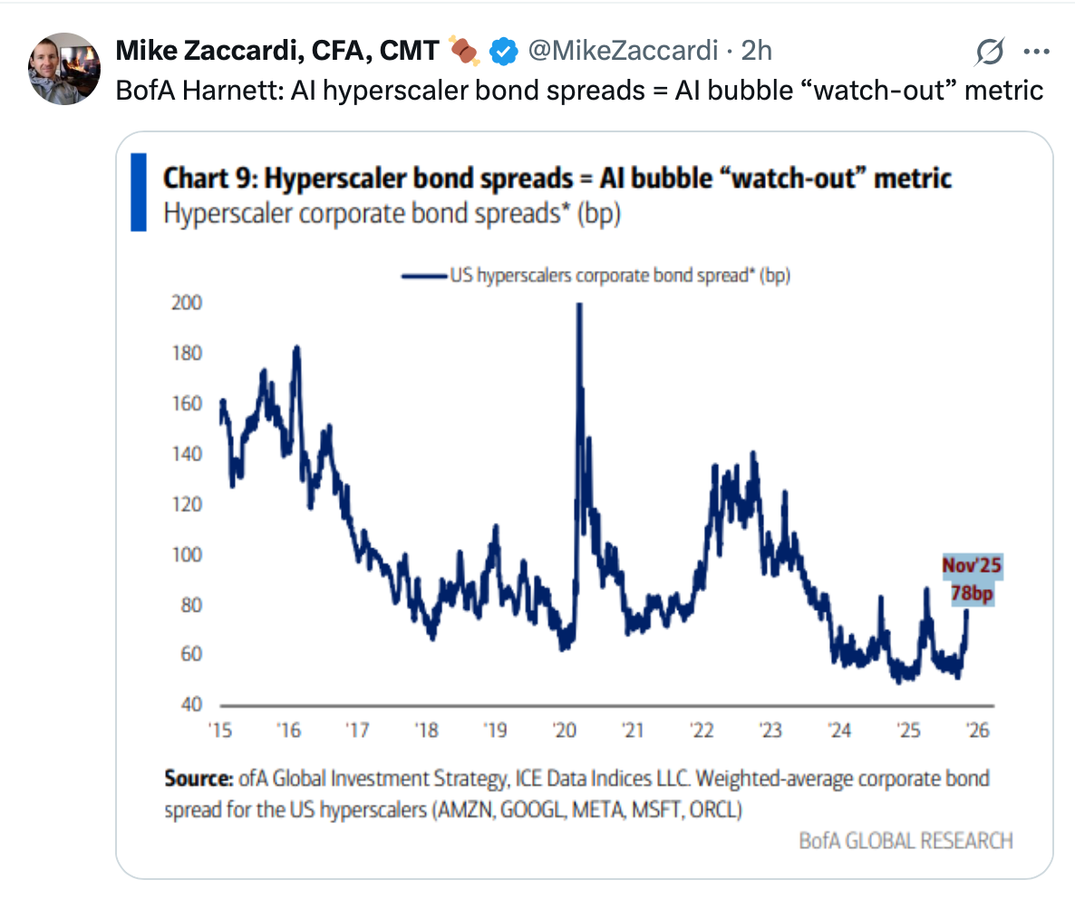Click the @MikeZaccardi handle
coord(625,52)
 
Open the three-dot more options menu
coord(1036,52)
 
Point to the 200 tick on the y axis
coord(188,304)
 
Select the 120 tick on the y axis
coord(188,504)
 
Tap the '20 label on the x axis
coord(563,730)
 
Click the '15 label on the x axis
coord(218,730)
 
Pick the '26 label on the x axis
coord(976,730)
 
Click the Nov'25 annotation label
coord(972,566)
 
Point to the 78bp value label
coord(972,593)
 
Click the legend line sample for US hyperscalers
coord(425,275)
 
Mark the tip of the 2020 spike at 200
coord(578,305)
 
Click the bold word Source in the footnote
coord(199,778)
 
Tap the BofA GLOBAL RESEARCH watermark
coord(906,840)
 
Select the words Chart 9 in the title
coord(204,177)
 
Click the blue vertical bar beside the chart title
coord(139,192)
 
